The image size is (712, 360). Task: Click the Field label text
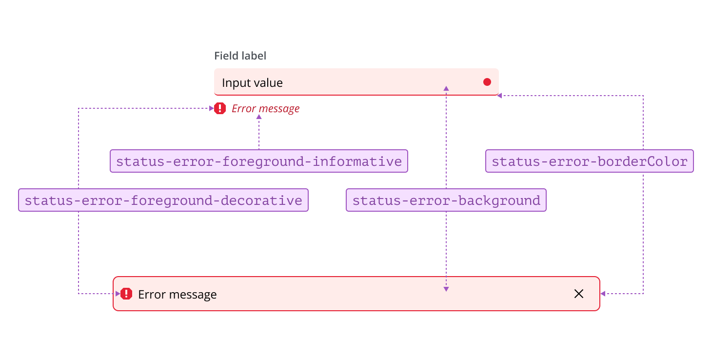click(240, 56)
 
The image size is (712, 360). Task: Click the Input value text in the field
click(252, 83)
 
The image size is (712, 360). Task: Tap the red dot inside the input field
click(487, 82)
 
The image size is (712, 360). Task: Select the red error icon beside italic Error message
click(220, 108)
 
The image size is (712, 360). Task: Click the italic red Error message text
click(265, 108)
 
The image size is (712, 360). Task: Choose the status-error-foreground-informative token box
click(258, 161)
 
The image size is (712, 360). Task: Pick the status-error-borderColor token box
click(589, 161)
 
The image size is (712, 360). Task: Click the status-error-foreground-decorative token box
click(163, 200)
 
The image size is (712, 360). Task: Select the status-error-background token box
click(446, 200)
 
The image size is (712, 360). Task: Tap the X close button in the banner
click(579, 294)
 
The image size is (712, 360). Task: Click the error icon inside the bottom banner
click(126, 294)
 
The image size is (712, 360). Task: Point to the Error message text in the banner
click(178, 295)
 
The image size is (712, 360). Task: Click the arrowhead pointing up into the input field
click(446, 88)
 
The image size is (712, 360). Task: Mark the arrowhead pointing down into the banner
click(446, 289)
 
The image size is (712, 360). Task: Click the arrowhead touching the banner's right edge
click(603, 294)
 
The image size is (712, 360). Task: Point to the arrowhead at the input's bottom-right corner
click(499, 96)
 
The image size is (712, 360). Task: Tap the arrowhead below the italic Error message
click(259, 117)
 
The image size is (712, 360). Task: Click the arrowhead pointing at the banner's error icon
click(118, 294)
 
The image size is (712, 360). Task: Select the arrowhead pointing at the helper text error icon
click(211, 108)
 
